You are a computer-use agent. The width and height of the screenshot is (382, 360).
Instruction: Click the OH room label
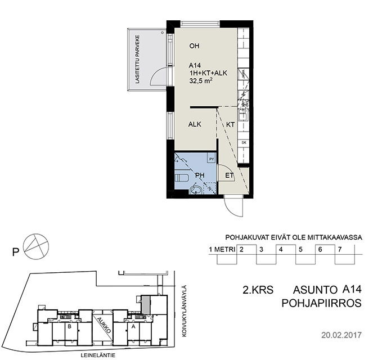(194, 46)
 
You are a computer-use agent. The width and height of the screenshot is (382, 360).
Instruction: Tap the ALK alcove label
(195, 124)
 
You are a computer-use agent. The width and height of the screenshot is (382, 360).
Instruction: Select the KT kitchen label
(230, 125)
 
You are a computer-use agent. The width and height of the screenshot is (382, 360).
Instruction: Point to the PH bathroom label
(200, 175)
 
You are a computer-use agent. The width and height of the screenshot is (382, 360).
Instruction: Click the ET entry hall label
(229, 175)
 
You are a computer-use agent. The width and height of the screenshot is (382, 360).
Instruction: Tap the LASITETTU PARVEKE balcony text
(138, 59)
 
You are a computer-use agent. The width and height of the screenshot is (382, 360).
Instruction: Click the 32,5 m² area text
(200, 80)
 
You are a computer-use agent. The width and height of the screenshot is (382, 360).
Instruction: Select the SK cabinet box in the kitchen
(244, 143)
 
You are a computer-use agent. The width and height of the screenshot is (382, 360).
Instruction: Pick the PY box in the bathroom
(212, 159)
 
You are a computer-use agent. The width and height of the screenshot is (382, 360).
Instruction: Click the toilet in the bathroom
(181, 178)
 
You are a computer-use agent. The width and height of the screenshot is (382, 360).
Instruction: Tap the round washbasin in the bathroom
(196, 189)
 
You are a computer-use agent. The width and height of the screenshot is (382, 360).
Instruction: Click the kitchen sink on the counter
(243, 115)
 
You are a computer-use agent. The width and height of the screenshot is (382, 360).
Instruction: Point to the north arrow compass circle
(36, 246)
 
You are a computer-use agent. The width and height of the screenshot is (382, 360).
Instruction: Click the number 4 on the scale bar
(281, 249)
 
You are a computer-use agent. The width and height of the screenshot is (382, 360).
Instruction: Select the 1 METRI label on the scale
(222, 250)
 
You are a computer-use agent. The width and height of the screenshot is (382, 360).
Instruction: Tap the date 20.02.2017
(341, 335)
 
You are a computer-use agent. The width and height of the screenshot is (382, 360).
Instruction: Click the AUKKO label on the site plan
(104, 325)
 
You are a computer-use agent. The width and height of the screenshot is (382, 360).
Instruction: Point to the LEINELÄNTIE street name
(98, 355)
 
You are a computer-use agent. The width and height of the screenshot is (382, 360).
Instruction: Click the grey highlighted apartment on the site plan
(146, 304)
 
